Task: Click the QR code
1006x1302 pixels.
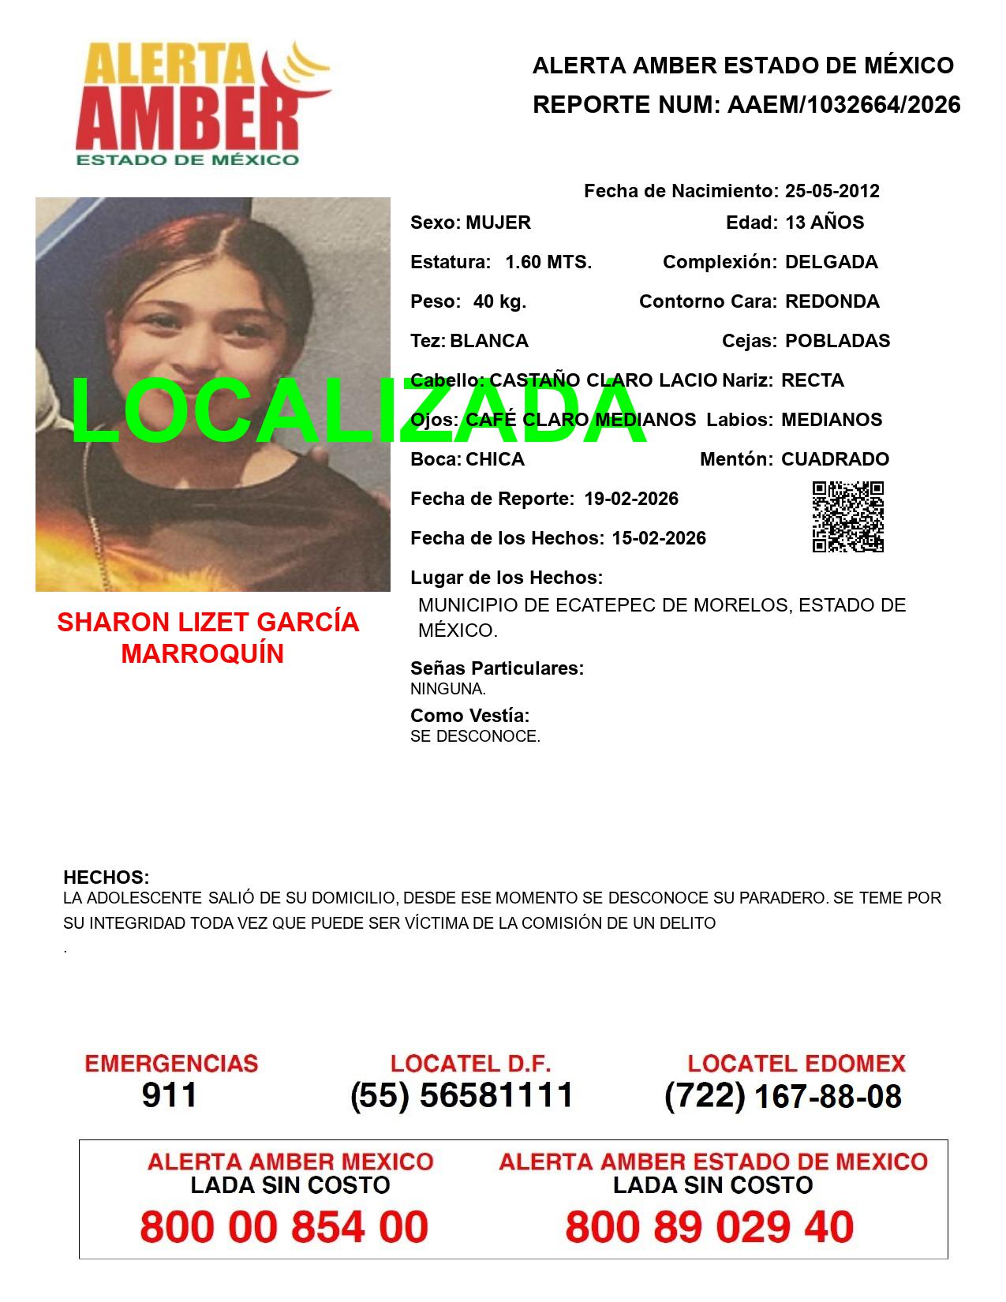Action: click(848, 517)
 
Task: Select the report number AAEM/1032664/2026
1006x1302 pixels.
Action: click(843, 105)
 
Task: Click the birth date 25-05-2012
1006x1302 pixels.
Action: click(832, 191)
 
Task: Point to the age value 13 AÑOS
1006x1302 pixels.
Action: click(825, 223)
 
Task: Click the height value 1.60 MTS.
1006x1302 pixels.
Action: click(548, 262)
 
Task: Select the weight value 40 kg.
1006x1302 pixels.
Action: click(499, 301)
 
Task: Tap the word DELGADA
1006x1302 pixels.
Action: click(831, 262)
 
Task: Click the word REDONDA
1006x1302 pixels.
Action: click(832, 301)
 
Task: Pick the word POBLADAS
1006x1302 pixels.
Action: click(837, 341)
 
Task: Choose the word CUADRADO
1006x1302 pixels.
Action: click(835, 459)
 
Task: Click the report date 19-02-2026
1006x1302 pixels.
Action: click(631, 499)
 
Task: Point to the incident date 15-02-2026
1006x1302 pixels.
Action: click(659, 538)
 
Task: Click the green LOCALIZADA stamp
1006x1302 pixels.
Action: click(359, 412)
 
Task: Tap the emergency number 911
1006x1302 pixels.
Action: click(170, 1095)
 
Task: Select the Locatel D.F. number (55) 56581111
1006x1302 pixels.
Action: click(462, 1095)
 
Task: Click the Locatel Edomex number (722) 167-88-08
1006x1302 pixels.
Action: click(783, 1096)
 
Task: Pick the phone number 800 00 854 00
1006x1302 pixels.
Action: click(284, 1227)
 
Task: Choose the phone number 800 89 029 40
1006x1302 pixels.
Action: click(709, 1227)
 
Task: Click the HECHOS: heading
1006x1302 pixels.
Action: click(106, 877)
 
